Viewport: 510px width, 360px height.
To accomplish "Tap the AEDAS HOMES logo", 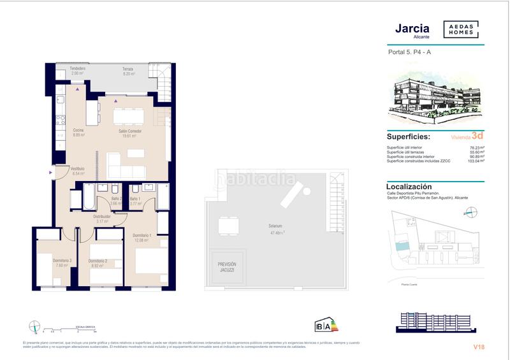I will [461, 29].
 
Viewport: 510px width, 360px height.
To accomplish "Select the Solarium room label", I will [276, 226].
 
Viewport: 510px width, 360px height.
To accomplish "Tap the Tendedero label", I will [78, 71].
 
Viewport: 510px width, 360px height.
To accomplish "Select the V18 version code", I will [479, 347].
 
